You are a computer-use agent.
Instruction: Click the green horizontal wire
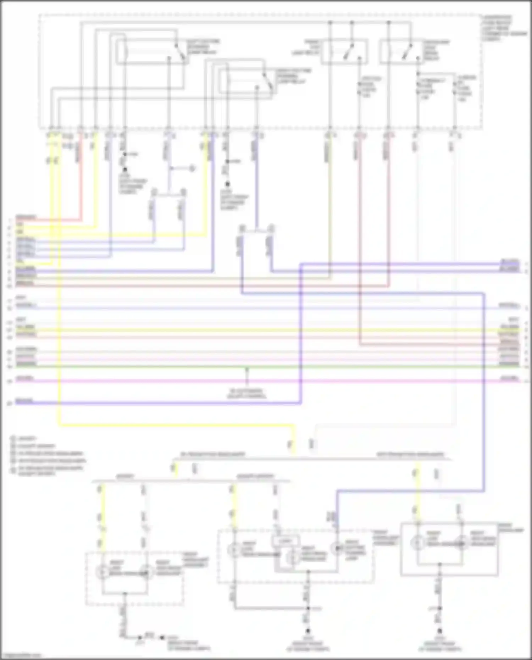click(x=142, y=366)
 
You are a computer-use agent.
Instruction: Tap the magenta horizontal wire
click(x=142, y=381)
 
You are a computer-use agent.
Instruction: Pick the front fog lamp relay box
click(x=344, y=52)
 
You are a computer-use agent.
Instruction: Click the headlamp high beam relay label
click(x=436, y=50)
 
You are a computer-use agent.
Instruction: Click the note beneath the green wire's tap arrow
click(x=247, y=393)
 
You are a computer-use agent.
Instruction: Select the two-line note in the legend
click(x=46, y=470)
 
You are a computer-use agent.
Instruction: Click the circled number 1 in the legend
click(x=13, y=439)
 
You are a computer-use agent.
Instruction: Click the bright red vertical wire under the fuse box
click(x=81, y=177)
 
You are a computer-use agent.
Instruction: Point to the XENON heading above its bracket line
click(x=125, y=476)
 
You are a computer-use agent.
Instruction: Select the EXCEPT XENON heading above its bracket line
click(x=255, y=476)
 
